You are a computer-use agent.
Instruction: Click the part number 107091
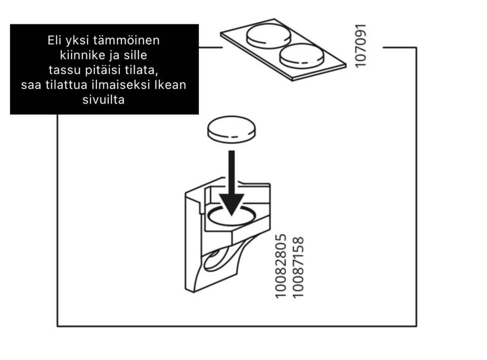tap(361, 46)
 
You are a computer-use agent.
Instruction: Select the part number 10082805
tap(281, 266)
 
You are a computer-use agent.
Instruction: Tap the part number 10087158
tap(298, 268)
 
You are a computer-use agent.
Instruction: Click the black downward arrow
tap(232, 183)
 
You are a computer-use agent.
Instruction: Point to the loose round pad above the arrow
tap(231, 129)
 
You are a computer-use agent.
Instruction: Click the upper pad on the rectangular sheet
tap(269, 35)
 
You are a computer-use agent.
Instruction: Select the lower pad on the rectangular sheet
tap(301, 56)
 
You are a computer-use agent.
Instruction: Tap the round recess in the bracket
tap(232, 216)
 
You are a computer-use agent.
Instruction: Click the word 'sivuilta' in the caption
tap(103, 100)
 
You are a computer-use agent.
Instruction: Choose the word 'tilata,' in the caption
tap(142, 70)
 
